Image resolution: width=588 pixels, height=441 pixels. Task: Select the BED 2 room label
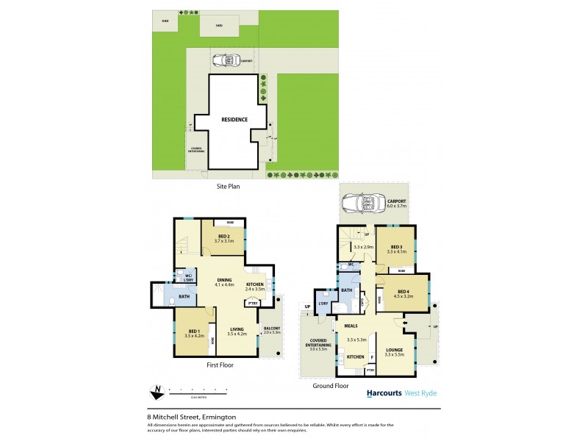click(x=223, y=237)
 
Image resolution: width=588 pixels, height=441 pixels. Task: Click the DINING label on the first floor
click(x=224, y=279)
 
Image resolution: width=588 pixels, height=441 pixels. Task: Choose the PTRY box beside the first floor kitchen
click(x=252, y=303)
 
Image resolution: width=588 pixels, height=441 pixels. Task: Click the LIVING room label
click(x=236, y=329)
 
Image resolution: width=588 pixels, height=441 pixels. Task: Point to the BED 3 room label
click(x=397, y=247)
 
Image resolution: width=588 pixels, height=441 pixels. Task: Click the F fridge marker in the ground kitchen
click(x=372, y=357)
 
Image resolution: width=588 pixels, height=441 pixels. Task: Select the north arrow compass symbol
click(x=156, y=390)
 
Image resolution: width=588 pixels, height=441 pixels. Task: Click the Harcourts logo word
click(x=384, y=393)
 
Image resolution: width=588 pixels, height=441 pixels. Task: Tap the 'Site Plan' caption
click(x=228, y=187)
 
